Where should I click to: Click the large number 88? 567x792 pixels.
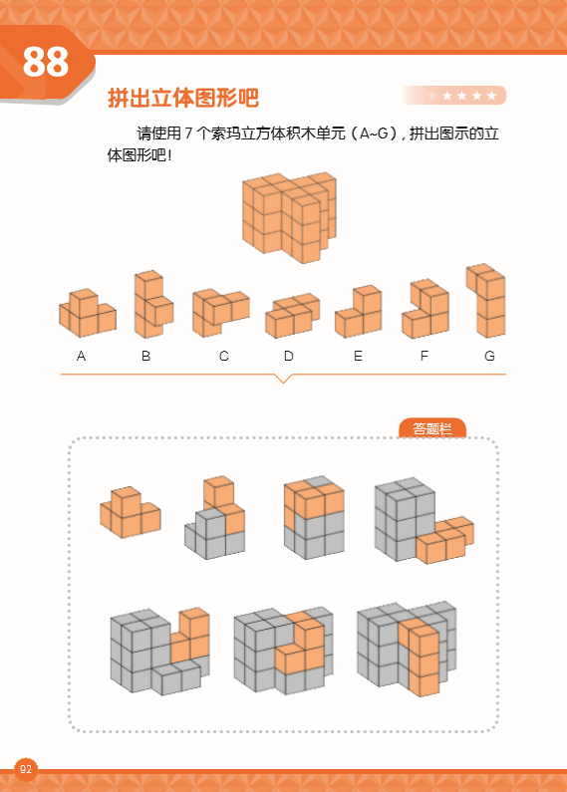pos(46,62)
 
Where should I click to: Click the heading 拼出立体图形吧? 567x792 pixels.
pos(182,99)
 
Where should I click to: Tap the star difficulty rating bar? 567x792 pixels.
pos(454,96)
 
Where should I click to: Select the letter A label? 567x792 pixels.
pos(81,356)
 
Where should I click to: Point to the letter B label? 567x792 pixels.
pos(146,356)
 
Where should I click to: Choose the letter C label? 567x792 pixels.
pos(224,356)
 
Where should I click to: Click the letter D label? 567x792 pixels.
pos(288,356)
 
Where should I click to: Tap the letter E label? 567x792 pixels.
pos(358,356)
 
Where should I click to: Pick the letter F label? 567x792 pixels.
pos(425,356)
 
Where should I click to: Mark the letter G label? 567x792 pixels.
pos(489,356)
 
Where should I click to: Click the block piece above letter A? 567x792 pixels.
pos(87,312)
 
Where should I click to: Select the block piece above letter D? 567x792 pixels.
pos(291,316)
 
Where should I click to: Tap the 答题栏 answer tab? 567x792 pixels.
pos(432,428)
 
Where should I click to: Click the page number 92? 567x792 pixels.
pos(26,769)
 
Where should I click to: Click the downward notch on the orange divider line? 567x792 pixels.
pos(283,378)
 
